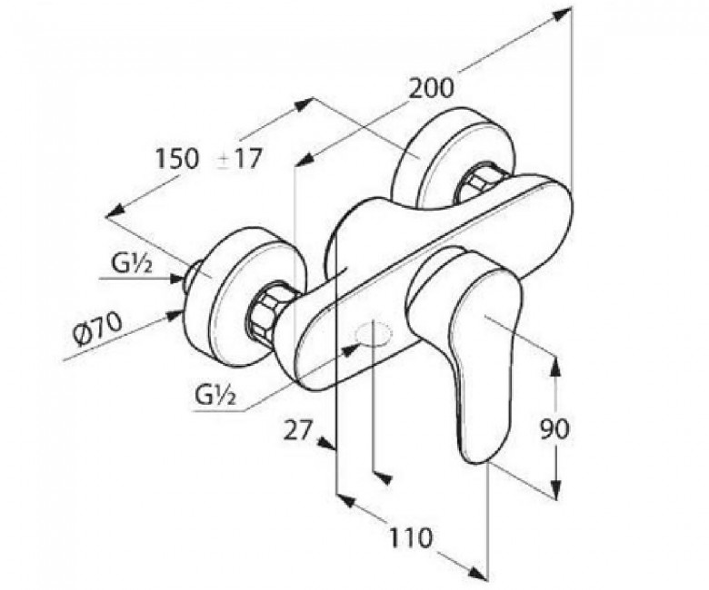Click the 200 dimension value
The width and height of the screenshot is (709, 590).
point(430,89)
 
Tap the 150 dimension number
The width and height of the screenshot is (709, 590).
point(177,159)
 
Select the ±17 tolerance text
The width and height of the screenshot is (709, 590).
point(238,159)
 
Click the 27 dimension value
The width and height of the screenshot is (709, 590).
point(298,429)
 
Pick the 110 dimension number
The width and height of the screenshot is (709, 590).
point(411,538)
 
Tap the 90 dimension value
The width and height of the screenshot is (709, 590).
point(554,428)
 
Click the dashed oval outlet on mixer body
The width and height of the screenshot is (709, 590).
point(374,336)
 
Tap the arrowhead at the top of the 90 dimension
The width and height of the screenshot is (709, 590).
point(555,365)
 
